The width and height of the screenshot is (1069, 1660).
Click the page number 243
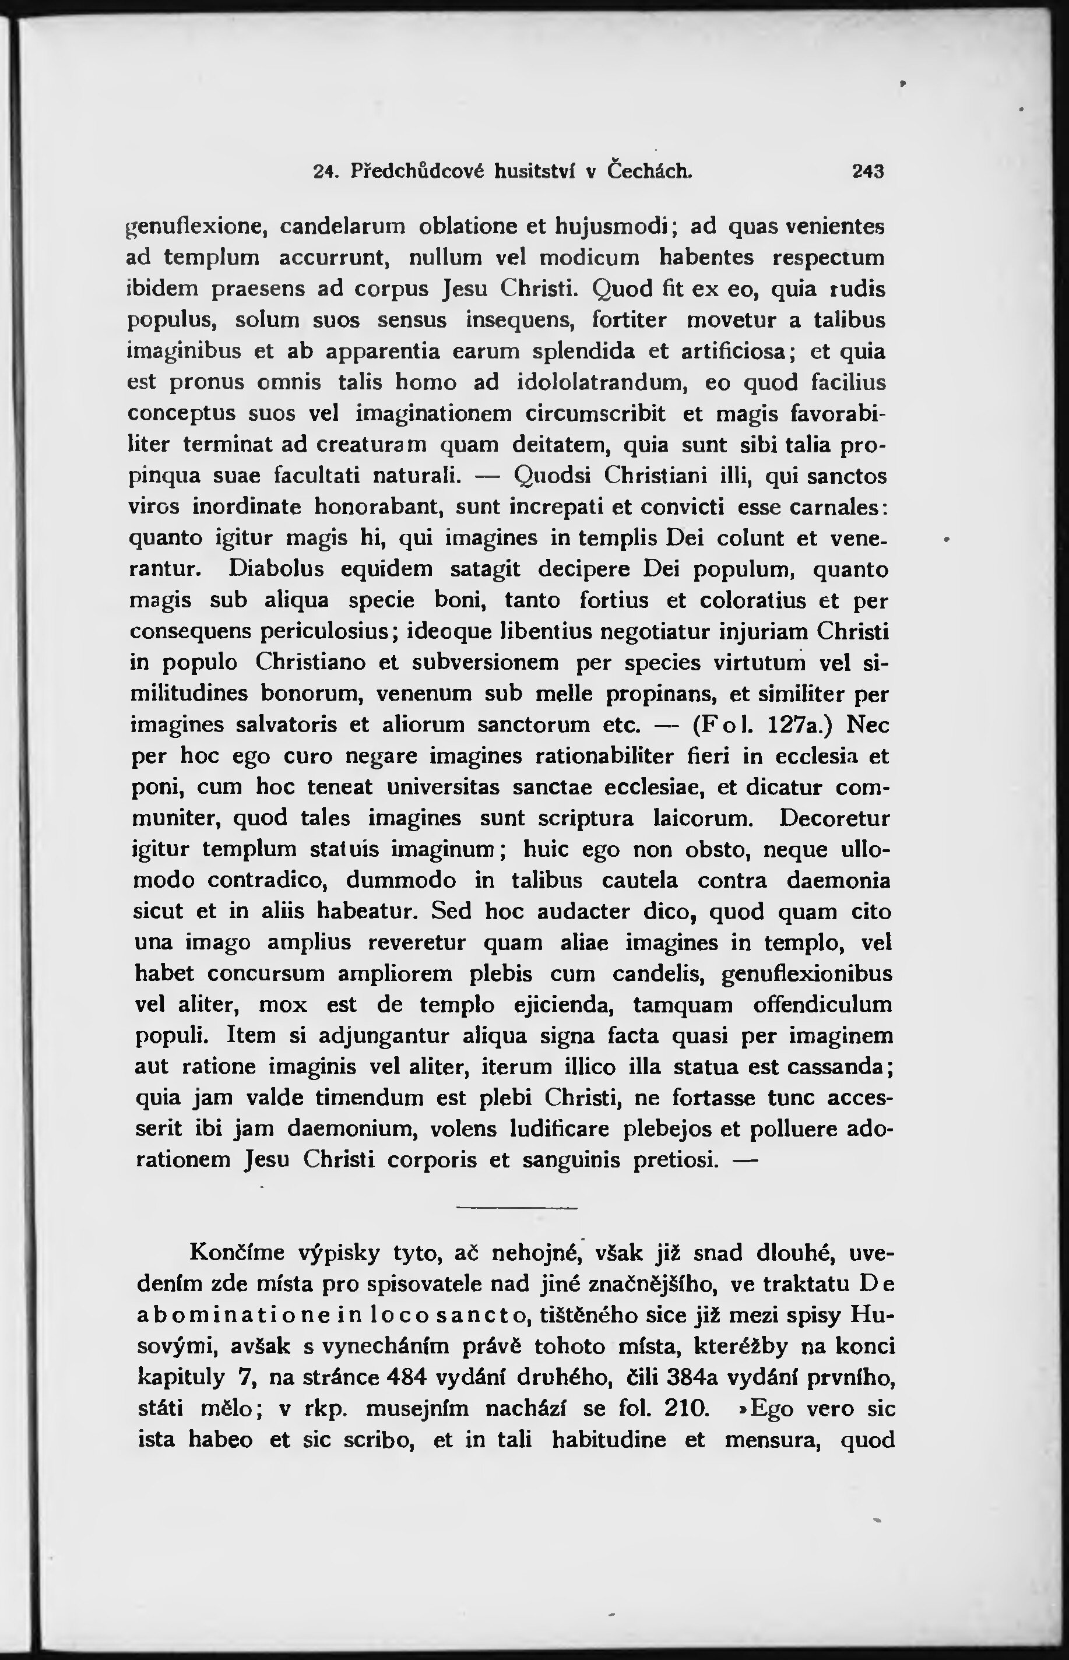[x=868, y=171]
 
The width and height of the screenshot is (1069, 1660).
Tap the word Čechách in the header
[x=649, y=171]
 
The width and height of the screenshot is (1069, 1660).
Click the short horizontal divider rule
[x=516, y=1209]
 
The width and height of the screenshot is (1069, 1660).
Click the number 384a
[x=702, y=1377]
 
